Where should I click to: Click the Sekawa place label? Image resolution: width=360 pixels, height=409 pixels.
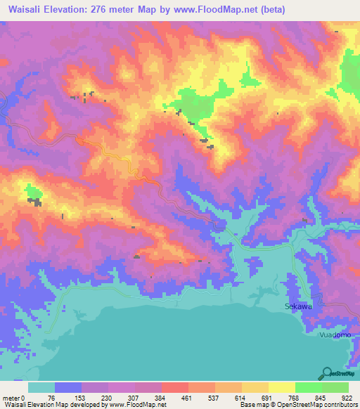click(297, 307)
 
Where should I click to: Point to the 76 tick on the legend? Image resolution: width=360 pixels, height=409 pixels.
click(54, 397)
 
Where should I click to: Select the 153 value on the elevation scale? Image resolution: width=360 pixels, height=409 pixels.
click(81, 397)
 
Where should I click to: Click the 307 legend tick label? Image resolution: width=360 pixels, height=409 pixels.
click(134, 397)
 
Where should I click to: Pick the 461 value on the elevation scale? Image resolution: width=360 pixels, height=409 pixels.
click(188, 397)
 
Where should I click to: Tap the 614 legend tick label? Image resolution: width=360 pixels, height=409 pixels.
click(242, 397)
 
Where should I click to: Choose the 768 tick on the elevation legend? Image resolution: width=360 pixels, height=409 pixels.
click(295, 397)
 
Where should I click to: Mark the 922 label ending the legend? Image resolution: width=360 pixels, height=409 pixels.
click(348, 397)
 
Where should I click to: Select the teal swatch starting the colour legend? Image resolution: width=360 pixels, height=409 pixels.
click(41, 387)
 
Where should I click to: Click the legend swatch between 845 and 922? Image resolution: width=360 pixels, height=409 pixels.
click(335, 387)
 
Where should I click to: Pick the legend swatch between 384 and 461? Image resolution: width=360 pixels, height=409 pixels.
click(174, 387)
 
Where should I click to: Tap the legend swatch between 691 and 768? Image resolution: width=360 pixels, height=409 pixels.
click(281, 387)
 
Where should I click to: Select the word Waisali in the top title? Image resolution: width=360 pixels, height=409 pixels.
click(23, 10)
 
